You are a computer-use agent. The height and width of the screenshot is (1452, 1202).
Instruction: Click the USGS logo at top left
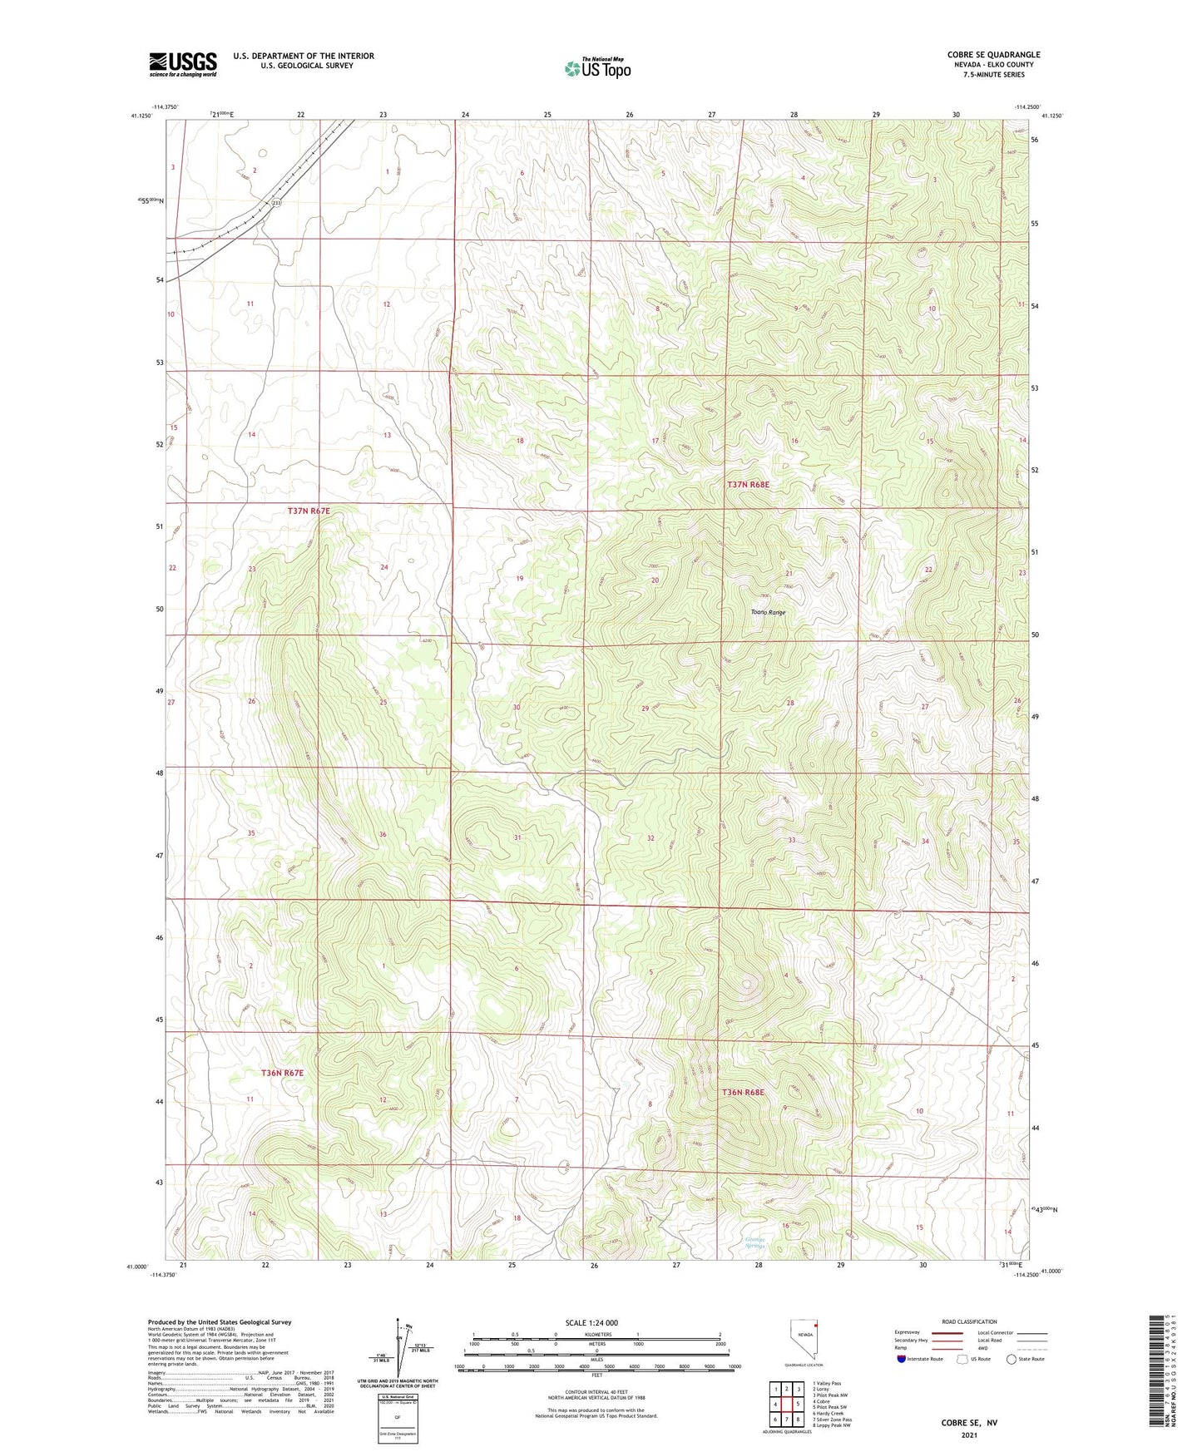pos(182,64)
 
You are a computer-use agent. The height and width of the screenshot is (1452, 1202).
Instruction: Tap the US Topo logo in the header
pos(597,69)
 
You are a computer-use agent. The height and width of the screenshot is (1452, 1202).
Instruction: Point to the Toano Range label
pos(767,612)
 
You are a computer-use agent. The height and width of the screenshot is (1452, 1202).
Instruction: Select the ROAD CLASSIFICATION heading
pos(968,1321)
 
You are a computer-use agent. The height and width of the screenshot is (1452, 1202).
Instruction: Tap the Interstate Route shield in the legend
pos(902,1359)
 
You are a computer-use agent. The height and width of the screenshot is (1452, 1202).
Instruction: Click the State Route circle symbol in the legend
pos(1011,1359)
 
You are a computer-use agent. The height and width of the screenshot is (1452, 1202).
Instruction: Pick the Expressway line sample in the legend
pos(934,1333)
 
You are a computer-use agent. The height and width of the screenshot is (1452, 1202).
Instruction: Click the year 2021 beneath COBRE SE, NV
pos(968,1435)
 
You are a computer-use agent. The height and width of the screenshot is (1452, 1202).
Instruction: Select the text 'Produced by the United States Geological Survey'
pos(220,1321)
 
